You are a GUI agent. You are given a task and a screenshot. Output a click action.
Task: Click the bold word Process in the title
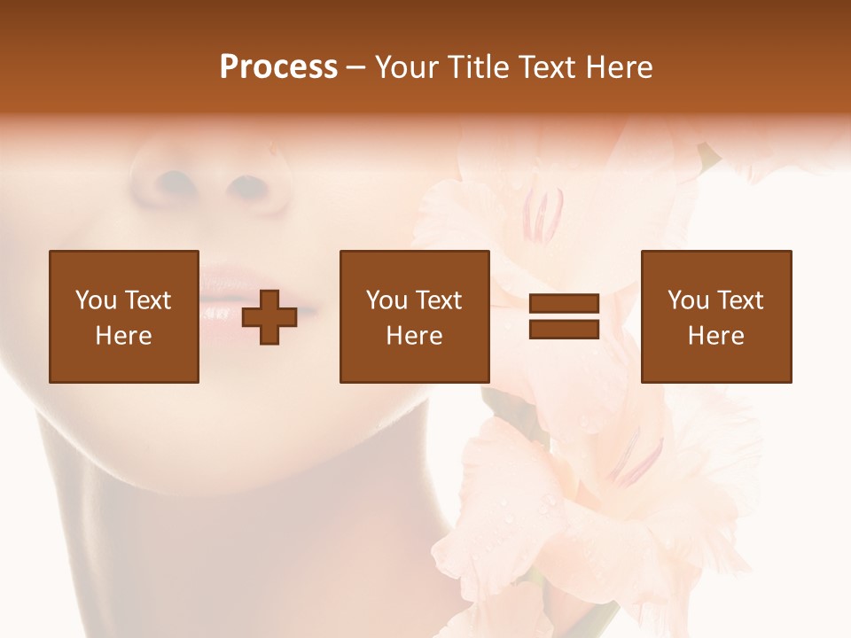[x=278, y=67]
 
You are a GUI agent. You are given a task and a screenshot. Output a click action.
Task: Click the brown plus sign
[x=269, y=316]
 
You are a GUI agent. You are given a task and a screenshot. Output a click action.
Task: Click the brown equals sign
[x=564, y=316]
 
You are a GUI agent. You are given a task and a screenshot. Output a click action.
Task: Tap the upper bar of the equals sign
[x=564, y=304]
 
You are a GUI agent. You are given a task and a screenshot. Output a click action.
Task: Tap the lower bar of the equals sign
[x=564, y=329]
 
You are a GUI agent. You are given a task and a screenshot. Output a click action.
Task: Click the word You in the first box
[x=96, y=300]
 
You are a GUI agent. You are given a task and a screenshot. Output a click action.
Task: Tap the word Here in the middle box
[x=415, y=336]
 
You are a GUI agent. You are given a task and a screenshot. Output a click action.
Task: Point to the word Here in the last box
[x=716, y=336]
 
